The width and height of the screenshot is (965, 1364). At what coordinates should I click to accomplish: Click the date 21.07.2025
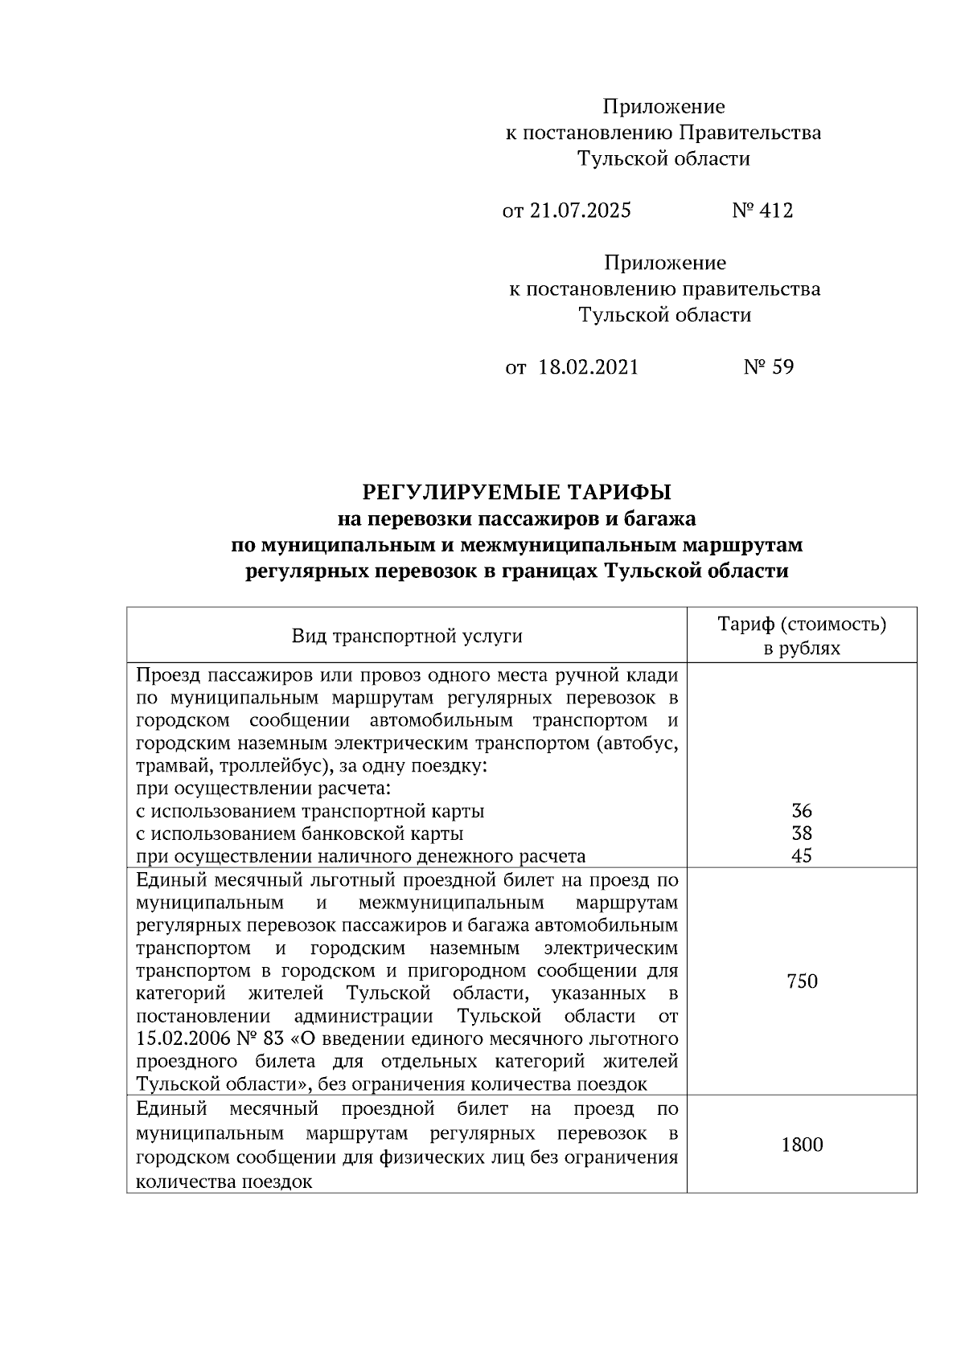pyautogui.click(x=580, y=211)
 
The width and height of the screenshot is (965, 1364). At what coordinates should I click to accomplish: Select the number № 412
pyautogui.click(x=762, y=211)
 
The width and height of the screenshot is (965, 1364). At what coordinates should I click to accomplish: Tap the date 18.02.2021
pyautogui.click(x=588, y=368)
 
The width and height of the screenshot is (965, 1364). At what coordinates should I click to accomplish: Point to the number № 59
pyautogui.click(x=768, y=368)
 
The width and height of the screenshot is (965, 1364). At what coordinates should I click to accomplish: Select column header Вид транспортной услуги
pyautogui.click(x=407, y=637)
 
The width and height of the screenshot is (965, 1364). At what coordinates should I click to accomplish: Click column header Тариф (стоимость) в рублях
pyautogui.click(x=801, y=636)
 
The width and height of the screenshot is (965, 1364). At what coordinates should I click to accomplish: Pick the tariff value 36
pyautogui.click(x=801, y=811)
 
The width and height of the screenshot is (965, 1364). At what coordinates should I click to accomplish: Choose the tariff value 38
pyautogui.click(x=801, y=834)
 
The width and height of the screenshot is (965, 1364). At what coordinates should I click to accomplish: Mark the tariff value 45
pyautogui.click(x=801, y=856)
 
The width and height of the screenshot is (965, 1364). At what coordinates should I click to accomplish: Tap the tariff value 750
pyautogui.click(x=802, y=981)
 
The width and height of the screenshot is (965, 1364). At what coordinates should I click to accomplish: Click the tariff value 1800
pyautogui.click(x=802, y=1145)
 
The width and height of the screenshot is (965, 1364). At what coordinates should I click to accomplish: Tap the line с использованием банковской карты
pyautogui.click(x=299, y=834)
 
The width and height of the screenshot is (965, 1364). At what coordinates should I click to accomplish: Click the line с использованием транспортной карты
pyautogui.click(x=310, y=811)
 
